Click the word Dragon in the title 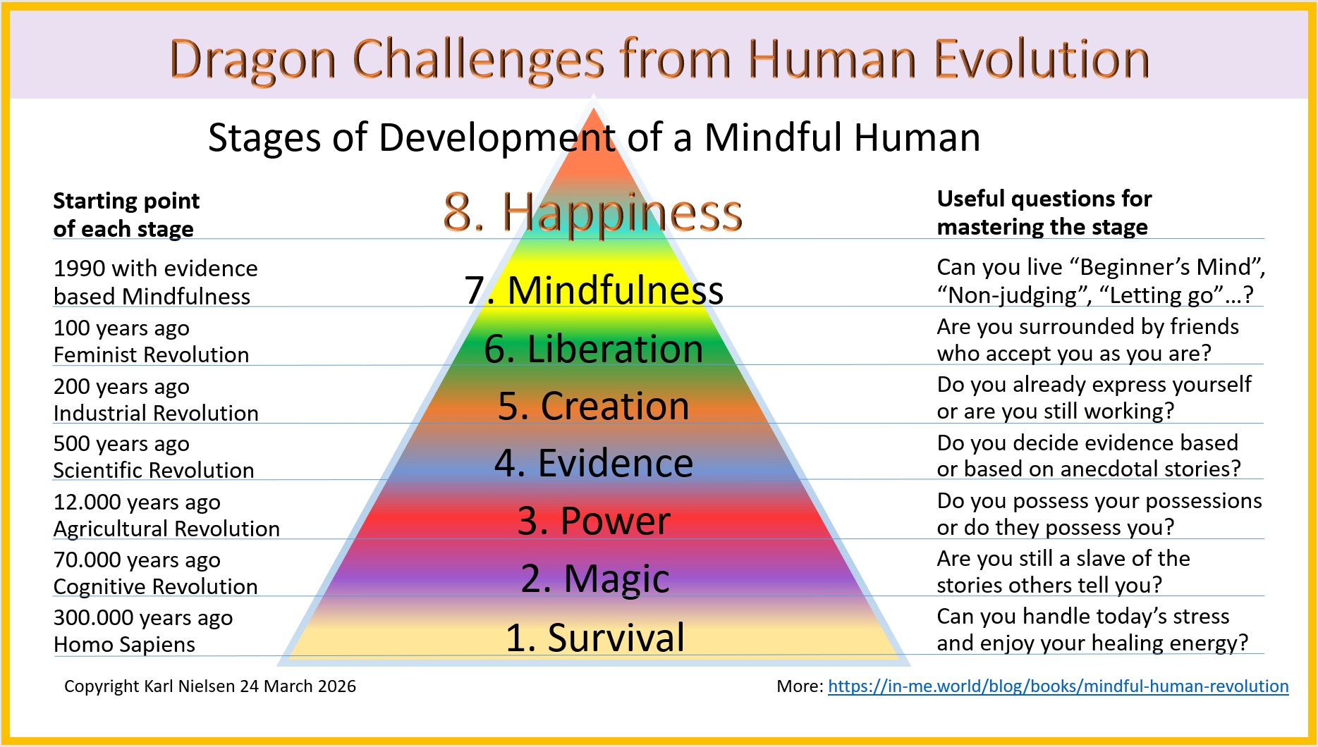[252, 61]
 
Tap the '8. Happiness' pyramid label [593, 212]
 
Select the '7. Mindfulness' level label [594, 290]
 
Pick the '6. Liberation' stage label [594, 349]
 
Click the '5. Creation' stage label [594, 406]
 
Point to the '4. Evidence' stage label [594, 463]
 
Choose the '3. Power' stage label [594, 521]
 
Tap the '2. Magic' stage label [595, 579]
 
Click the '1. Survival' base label [595, 637]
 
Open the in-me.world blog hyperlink [1058, 686]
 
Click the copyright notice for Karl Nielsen [210, 686]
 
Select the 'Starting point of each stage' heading [126, 215]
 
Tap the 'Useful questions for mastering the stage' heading [1044, 213]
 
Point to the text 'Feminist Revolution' [152, 354]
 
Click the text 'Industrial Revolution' [156, 413]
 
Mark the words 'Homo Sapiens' [124, 644]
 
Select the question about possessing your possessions [1099, 514]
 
